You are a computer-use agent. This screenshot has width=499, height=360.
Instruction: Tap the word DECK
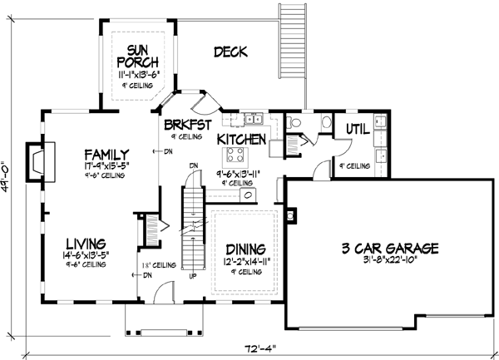[x=230, y=52]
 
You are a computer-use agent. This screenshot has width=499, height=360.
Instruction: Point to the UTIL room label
[x=358, y=128]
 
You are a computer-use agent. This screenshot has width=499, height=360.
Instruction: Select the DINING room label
[x=245, y=249]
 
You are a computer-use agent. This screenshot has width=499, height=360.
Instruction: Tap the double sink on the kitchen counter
[x=254, y=117]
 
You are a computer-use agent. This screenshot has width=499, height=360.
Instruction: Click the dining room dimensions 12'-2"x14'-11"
[x=245, y=261]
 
